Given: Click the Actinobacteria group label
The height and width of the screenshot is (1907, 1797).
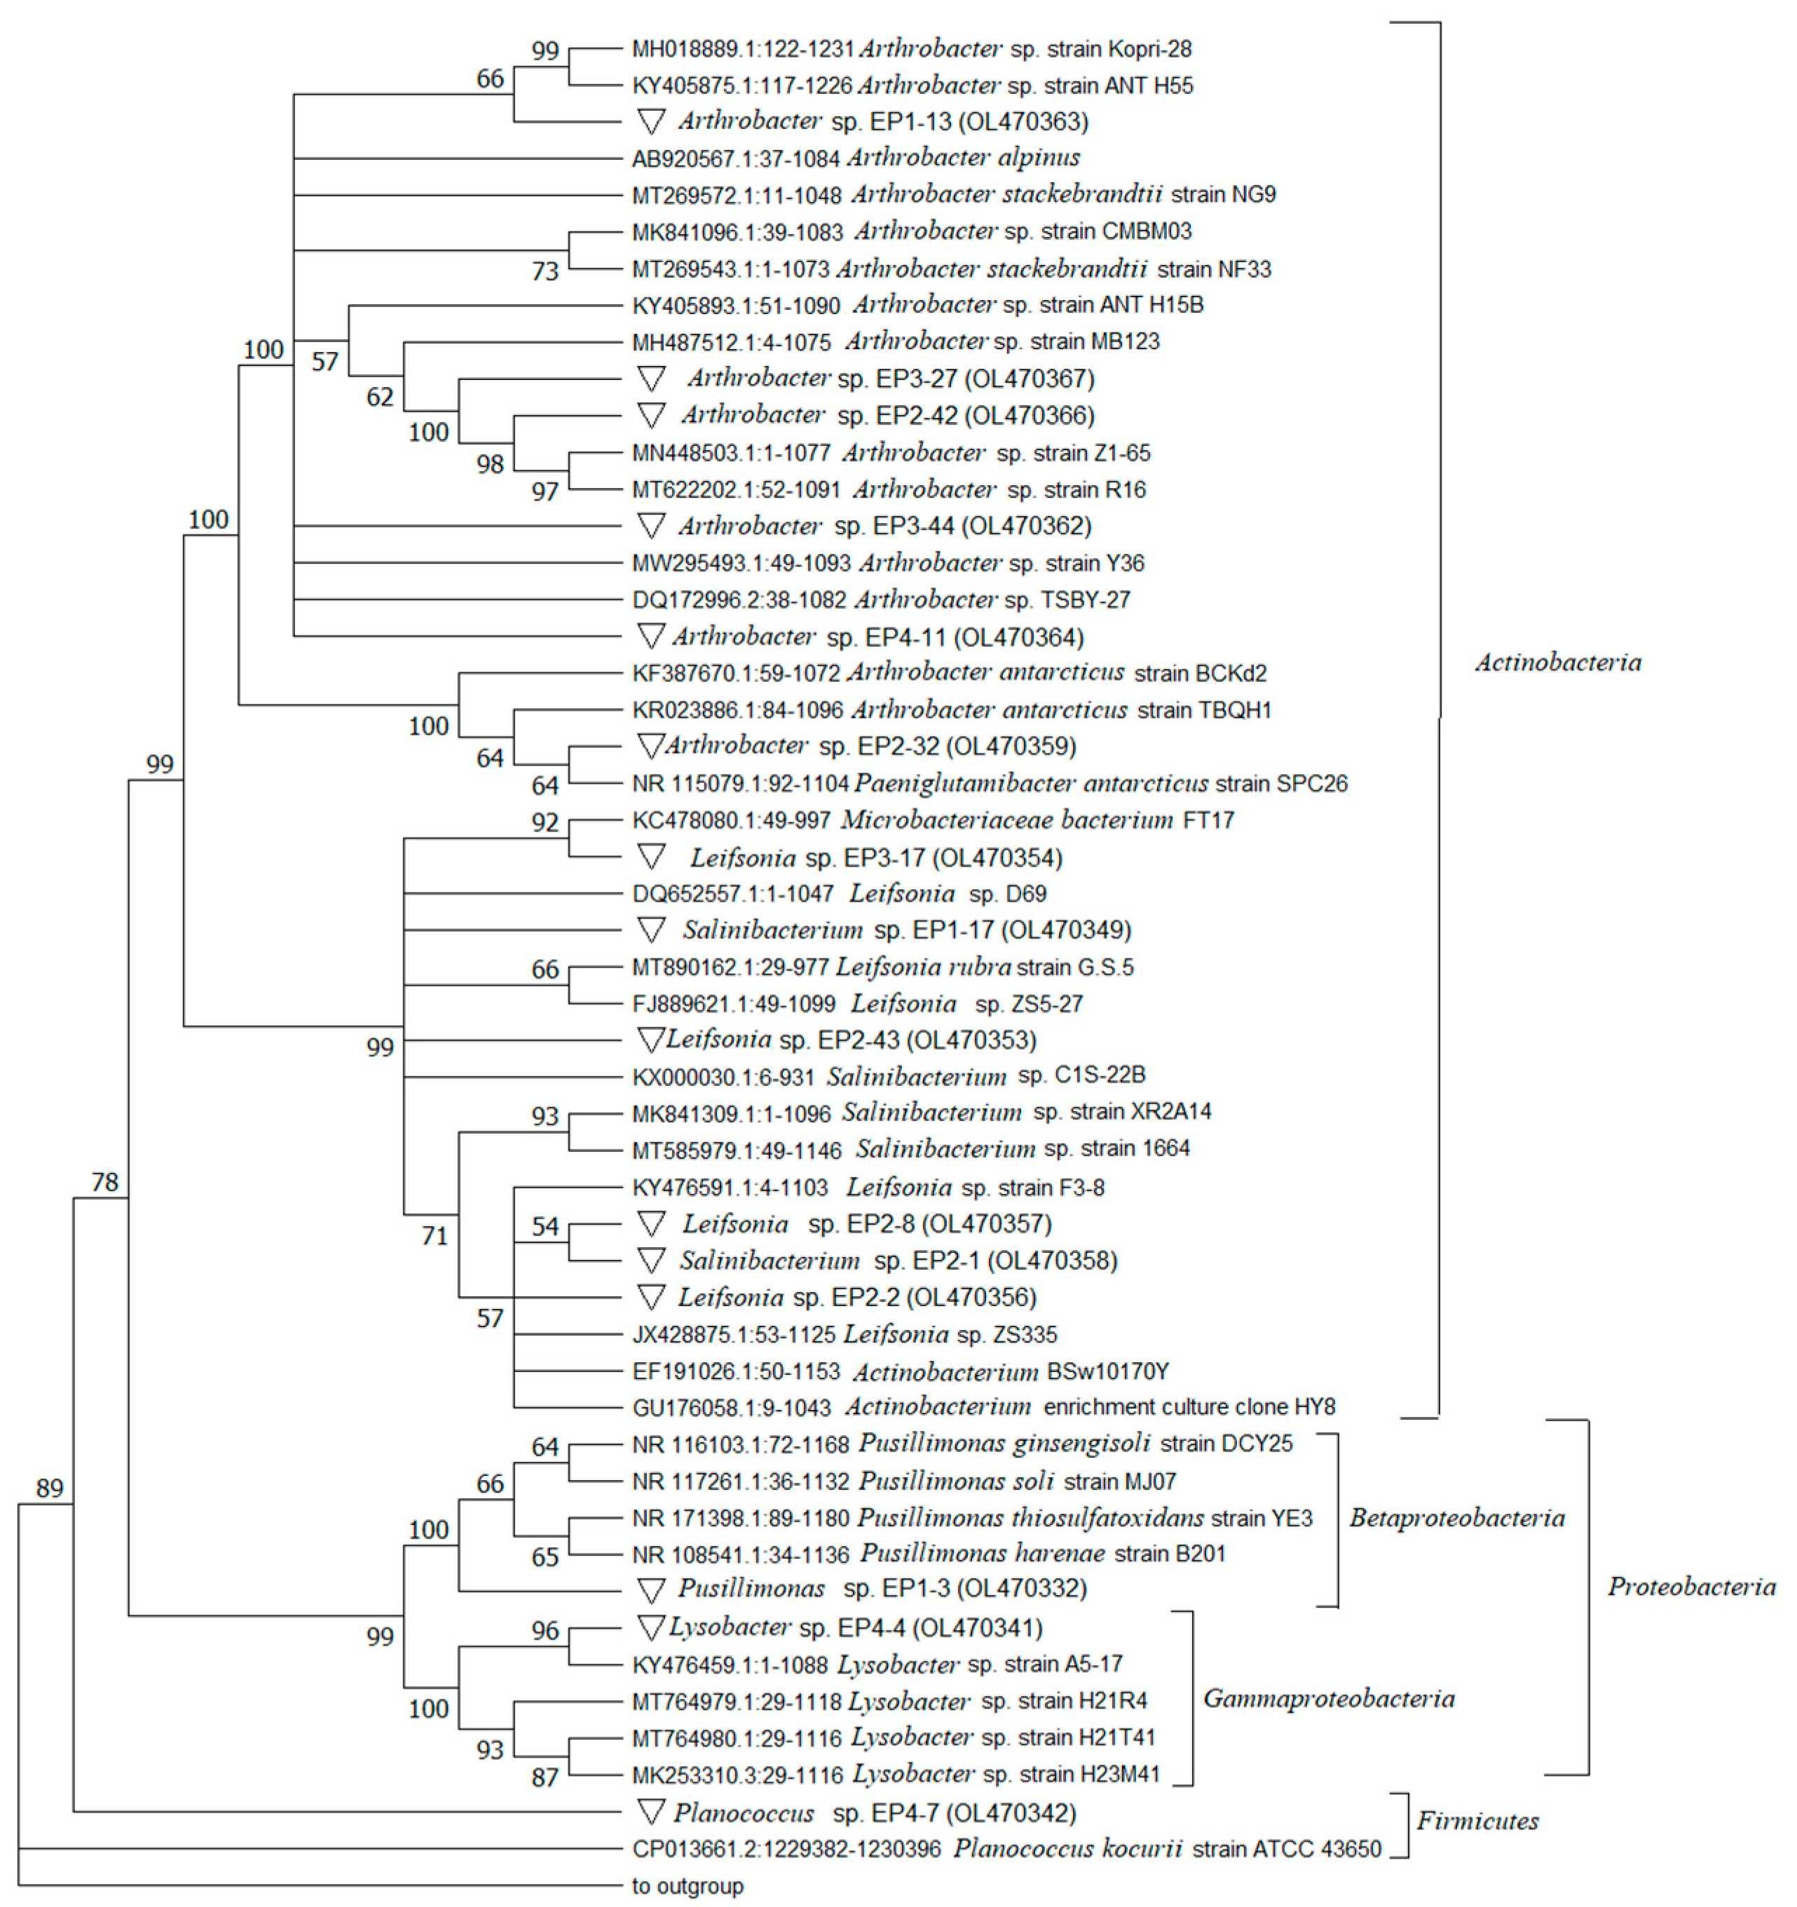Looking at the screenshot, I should coord(1557,662).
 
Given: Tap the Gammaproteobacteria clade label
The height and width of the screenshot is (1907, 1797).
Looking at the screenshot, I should coord(1328,1699).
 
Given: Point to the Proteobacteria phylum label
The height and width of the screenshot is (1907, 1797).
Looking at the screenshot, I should coord(1691,1587).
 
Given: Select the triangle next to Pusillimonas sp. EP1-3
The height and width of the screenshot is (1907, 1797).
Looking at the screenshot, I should coord(651,1589).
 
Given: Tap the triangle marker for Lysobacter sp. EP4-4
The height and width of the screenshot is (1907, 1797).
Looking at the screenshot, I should coord(651,1627).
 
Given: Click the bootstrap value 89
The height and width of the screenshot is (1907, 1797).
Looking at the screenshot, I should coord(49,1488).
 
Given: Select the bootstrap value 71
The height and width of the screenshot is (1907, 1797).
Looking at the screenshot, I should coord(435,1235).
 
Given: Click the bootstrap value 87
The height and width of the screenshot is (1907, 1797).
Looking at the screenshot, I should coord(545,1777).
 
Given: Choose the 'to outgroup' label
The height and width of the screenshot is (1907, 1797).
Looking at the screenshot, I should coord(688,1886).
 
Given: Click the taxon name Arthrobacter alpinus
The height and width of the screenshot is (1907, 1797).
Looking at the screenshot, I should coord(963,157).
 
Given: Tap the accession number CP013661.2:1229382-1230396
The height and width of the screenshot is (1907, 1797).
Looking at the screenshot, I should coord(786,1849).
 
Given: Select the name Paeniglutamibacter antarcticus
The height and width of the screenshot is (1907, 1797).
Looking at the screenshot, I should coord(1031,784).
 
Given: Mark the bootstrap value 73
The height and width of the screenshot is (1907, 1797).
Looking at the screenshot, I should coord(545,271).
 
